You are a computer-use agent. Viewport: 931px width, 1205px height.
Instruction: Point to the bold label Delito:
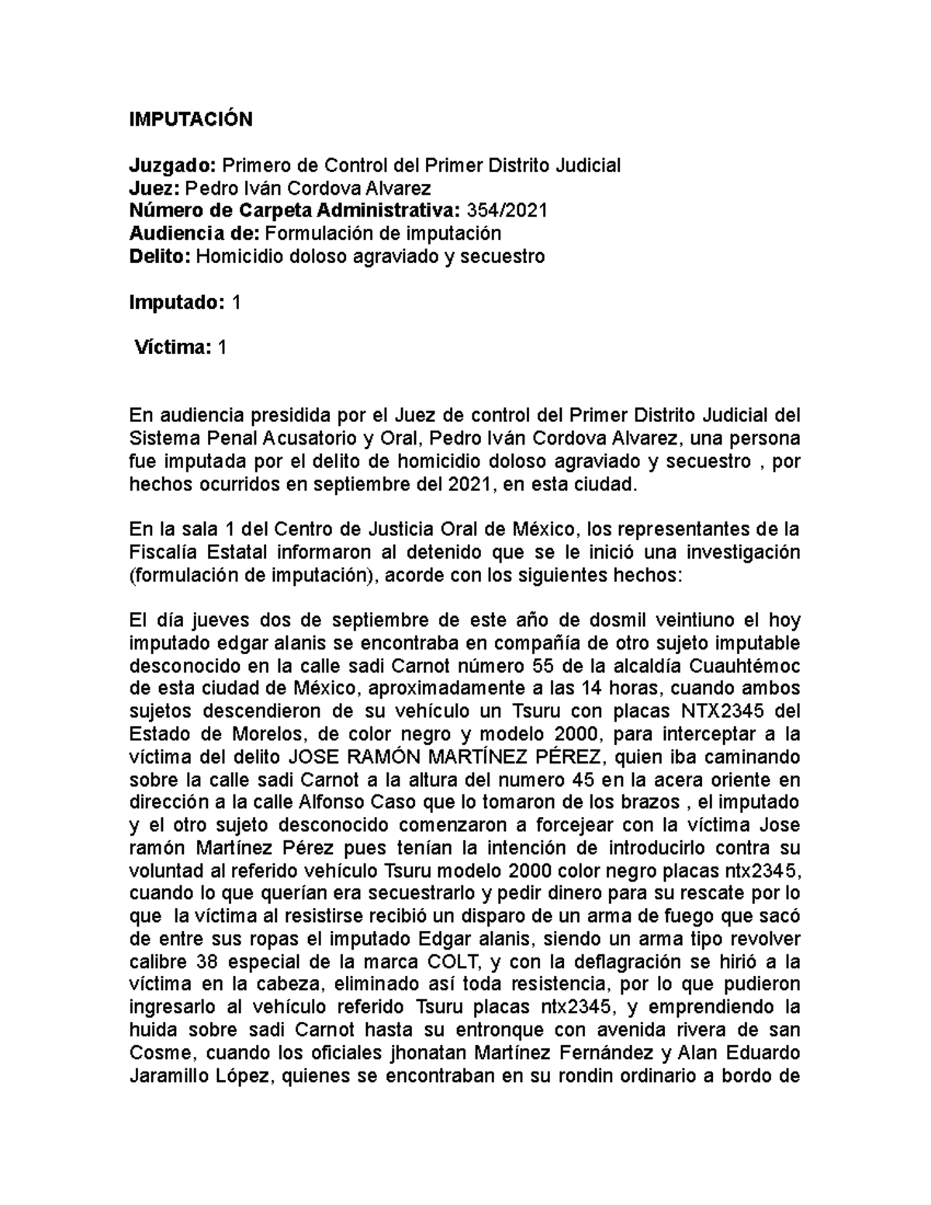coord(159,256)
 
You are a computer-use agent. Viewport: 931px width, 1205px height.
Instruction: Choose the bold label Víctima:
coord(172,348)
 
